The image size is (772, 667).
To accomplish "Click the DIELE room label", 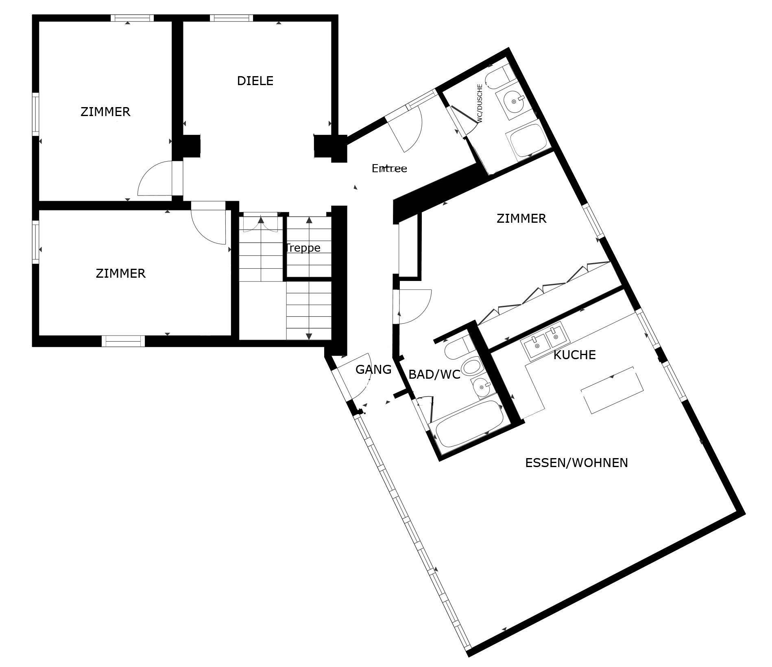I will tap(255, 81).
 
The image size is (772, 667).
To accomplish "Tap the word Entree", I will tap(389, 168).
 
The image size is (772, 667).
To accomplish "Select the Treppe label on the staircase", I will tap(303, 248).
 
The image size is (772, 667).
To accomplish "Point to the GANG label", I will tap(373, 369).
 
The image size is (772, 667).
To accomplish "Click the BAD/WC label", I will tap(434, 375).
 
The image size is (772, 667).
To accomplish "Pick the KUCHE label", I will tap(574, 355).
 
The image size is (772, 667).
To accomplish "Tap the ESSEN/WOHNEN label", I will tap(576, 463).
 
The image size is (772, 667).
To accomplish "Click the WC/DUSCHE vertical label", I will tap(480, 103).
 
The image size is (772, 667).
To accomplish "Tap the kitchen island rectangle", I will tap(613, 390).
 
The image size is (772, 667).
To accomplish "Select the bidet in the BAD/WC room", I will tap(471, 366).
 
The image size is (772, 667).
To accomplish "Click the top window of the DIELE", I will tap(231, 18).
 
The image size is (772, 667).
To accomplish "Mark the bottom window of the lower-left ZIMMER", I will tap(123, 340).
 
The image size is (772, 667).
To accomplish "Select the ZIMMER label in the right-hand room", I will tap(521, 218).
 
